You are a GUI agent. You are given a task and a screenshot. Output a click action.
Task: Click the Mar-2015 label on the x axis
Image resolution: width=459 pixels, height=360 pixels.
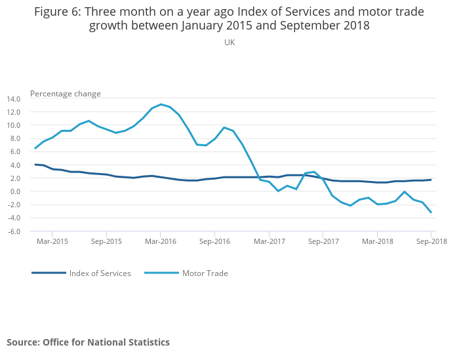(52, 241)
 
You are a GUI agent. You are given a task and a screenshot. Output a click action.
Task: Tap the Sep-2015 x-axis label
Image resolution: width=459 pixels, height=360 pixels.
(106, 241)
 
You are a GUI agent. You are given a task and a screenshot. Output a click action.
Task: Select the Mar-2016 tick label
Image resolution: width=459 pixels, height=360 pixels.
(161, 241)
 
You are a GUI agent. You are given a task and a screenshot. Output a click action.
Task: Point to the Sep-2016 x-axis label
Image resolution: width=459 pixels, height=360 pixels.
(215, 241)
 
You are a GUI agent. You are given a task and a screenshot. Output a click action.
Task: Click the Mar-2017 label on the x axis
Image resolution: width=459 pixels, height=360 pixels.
(269, 241)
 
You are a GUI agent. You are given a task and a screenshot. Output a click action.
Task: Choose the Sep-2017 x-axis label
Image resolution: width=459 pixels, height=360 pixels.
(323, 241)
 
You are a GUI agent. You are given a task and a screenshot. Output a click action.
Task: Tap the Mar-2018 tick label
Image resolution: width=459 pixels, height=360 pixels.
(378, 241)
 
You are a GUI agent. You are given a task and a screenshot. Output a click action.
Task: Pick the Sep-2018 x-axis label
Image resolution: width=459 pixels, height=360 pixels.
(431, 241)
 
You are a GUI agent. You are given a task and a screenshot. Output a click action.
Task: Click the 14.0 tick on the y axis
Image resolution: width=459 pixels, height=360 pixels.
(13, 99)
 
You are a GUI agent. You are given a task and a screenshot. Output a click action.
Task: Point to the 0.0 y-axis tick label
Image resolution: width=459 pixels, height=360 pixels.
(15, 191)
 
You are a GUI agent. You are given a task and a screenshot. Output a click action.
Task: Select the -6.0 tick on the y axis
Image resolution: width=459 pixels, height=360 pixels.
(14, 231)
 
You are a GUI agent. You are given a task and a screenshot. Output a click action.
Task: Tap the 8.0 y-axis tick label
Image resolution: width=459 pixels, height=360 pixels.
(15, 138)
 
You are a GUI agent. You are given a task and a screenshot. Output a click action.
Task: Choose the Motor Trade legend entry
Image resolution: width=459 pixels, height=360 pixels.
(205, 273)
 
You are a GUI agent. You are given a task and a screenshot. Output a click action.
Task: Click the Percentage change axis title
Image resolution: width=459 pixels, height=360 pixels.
(66, 94)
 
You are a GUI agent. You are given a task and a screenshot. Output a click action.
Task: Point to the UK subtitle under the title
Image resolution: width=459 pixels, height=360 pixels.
(229, 42)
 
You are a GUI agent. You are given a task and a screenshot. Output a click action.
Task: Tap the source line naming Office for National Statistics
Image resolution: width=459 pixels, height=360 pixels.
(88, 342)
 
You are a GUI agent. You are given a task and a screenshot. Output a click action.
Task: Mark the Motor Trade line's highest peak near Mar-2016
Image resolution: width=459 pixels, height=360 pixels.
(161, 104)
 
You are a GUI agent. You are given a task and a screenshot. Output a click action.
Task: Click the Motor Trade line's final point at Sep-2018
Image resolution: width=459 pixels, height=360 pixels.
(431, 212)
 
